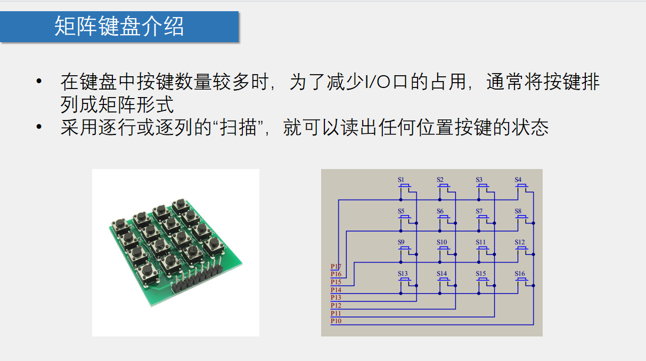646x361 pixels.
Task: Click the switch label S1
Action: point(401,180)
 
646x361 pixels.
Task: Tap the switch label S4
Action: point(518,180)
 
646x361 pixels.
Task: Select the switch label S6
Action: point(440,211)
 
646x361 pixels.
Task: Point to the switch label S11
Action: point(481,242)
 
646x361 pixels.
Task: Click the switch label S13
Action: point(403,274)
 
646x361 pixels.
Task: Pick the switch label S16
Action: point(520,274)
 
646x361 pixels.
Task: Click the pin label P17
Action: point(336,267)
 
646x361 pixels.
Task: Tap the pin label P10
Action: point(336,322)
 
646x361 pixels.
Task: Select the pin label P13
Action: point(336,298)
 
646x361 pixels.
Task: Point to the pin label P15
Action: point(336,282)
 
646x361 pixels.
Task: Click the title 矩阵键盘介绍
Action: point(119,26)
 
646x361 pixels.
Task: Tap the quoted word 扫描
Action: point(245,128)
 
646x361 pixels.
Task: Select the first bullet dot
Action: point(38,82)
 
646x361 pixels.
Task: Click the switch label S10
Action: point(442,242)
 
